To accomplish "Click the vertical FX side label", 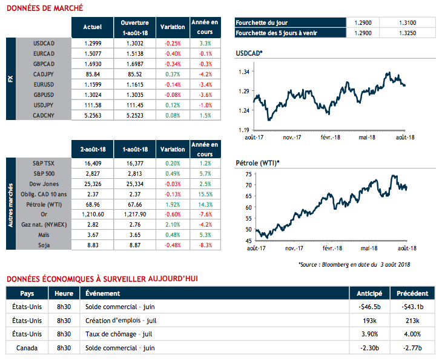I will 10,79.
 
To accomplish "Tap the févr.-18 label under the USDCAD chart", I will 332,137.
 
